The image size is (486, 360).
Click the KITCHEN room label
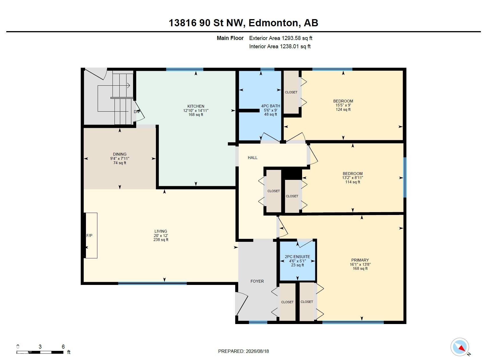196,106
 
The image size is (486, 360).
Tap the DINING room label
120,154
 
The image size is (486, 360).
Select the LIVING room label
161,231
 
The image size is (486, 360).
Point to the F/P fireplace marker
89,236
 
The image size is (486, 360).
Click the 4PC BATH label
271,106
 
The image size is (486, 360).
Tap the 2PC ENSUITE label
298,257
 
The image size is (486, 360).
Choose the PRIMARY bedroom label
360,260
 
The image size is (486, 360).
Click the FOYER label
257,281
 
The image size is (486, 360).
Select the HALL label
253,158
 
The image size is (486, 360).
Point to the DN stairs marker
136,112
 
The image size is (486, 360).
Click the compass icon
460,347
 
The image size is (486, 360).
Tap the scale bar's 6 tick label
63,347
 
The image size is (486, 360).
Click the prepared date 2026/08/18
257,351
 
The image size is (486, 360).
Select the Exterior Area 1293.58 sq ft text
281,38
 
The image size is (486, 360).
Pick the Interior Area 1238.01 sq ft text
280,46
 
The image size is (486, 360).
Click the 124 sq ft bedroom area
343,109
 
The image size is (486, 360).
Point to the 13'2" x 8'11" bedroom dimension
353,178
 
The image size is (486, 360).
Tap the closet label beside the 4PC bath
291,92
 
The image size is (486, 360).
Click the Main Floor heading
230,38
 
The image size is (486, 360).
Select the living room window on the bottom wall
152,283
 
